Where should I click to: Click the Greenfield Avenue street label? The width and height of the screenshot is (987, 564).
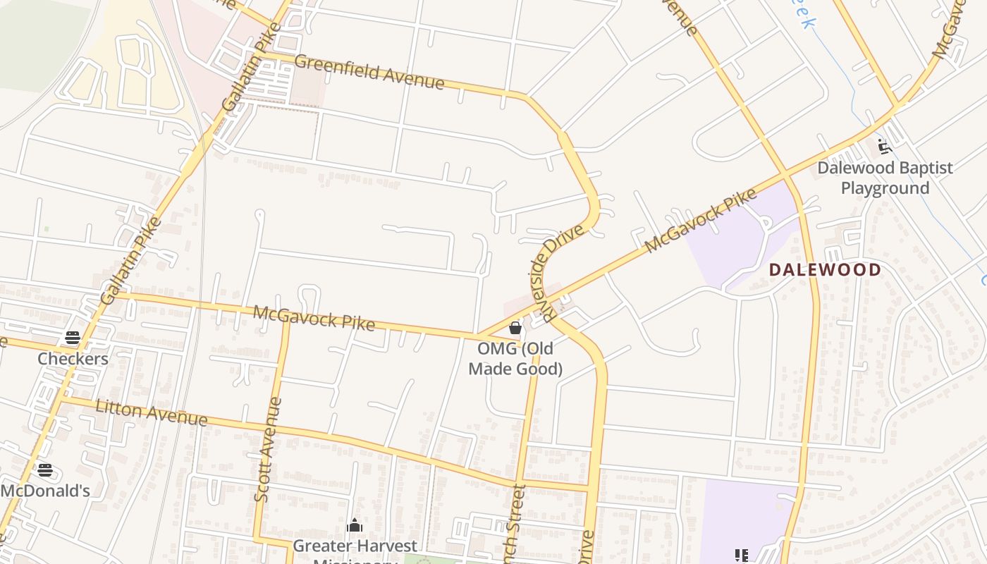pos(369,73)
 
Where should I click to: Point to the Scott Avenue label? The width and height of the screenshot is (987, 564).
pos(266,450)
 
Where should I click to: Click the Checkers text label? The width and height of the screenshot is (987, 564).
pos(73,359)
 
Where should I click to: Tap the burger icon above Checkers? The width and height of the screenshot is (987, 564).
pos(73,338)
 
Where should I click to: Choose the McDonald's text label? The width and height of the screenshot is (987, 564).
pos(45,490)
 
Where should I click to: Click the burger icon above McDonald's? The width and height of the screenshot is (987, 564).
pos(45,470)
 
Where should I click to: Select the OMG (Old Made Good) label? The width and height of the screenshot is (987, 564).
pos(515,358)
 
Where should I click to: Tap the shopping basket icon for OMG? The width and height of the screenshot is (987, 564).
pos(515,328)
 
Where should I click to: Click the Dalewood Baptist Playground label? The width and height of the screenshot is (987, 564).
pos(885,178)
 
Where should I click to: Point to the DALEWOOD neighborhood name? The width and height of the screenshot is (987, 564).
pos(825,269)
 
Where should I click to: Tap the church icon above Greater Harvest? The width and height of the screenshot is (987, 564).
pos(355,526)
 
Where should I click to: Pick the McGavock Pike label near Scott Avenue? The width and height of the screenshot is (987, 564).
pos(314,317)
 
